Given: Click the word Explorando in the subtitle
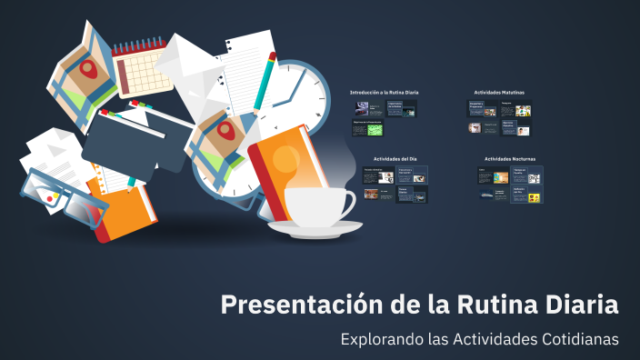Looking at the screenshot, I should click(x=379, y=339).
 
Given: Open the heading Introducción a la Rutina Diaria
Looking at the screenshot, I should click(x=384, y=93).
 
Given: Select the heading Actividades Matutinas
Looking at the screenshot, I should click(x=499, y=93).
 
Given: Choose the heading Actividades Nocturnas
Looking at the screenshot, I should click(x=510, y=158).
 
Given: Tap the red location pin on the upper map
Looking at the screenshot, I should click(x=89, y=68).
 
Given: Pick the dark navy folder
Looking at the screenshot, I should click(x=127, y=145).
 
